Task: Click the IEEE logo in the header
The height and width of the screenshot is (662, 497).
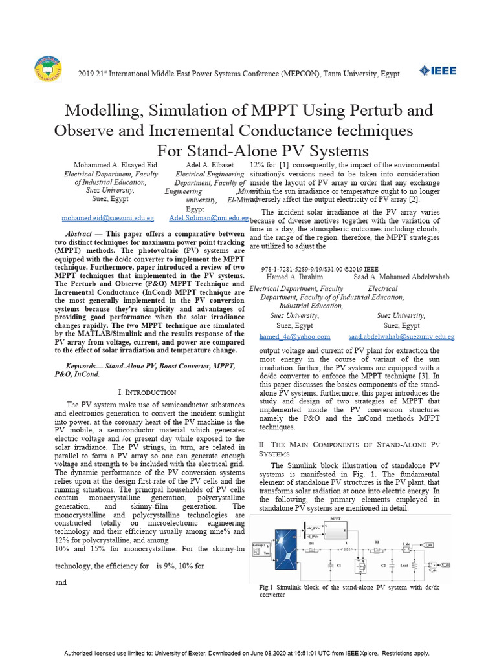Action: pyautogui.click(x=437, y=70)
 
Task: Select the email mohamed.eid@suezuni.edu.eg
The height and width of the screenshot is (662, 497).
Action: pyautogui.click(x=107, y=219)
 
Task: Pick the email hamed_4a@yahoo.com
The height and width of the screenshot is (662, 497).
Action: pyautogui.click(x=294, y=337)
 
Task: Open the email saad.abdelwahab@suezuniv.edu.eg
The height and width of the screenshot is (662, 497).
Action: pyautogui.click(x=401, y=337)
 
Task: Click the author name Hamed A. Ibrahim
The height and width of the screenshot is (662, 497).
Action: pyautogui.click(x=295, y=277)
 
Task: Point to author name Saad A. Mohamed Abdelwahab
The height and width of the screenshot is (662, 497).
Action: pyautogui.click(x=401, y=277)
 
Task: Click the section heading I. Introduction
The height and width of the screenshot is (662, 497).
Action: pyautogui.click(x=147, y=392)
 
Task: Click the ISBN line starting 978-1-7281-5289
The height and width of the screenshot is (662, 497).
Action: pyautogui.click(x=320, y=268)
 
